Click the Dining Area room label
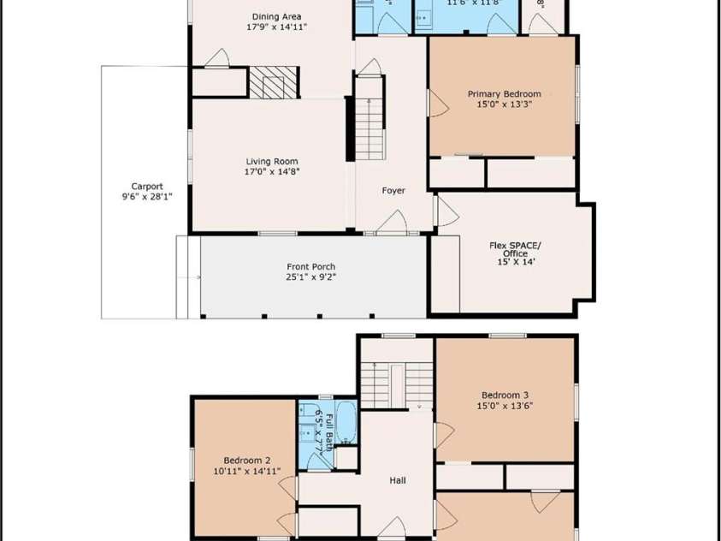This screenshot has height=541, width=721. (276, 16)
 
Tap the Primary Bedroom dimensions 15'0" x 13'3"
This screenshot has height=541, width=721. (504, 105)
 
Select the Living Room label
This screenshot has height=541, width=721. (272, 161)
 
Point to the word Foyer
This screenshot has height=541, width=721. (393, 191)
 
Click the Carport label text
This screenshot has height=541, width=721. (146, 186)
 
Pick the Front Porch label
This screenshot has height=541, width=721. (313, 266)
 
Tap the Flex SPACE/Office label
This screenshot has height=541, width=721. (515, 249)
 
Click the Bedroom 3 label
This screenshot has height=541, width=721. (504, 395)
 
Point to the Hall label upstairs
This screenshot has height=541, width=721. (398, 481)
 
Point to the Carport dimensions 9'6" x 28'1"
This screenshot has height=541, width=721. (146, 197)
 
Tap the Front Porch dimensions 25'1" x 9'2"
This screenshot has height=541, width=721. (313, 276)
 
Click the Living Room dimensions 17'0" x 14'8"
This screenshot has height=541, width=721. (272, 171)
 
